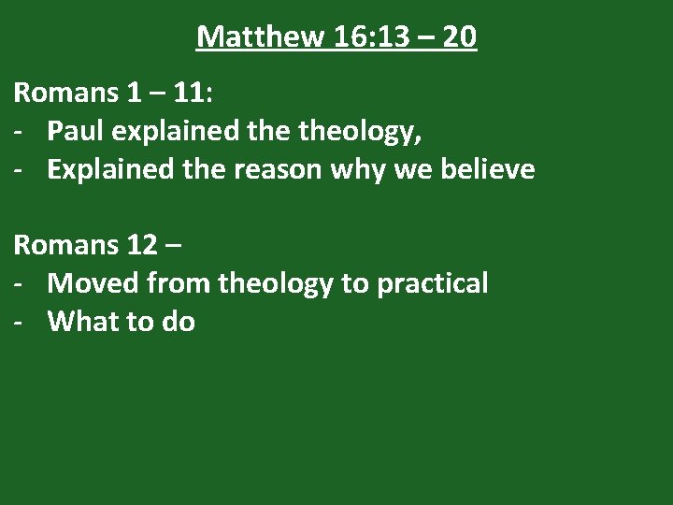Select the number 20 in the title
[x=459, y=36]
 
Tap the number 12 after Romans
[x=141, y=245]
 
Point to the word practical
[x=432, y=283]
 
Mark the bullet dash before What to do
[x=19, y=323]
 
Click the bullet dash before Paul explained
[x=19, y=132]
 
